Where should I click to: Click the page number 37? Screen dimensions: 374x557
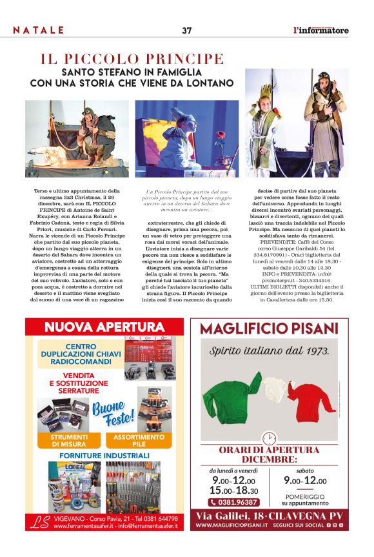click(x=187, y=30)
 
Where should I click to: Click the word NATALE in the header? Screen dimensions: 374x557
click(x=39, y=30)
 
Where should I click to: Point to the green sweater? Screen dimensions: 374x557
click(x=231, y=395)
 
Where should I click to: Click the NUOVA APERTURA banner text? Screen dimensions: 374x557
click(x=104, y=327)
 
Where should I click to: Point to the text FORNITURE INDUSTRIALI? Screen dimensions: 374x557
click(x=104, y=456)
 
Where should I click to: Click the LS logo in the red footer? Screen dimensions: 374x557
click(x=40, y=522)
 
